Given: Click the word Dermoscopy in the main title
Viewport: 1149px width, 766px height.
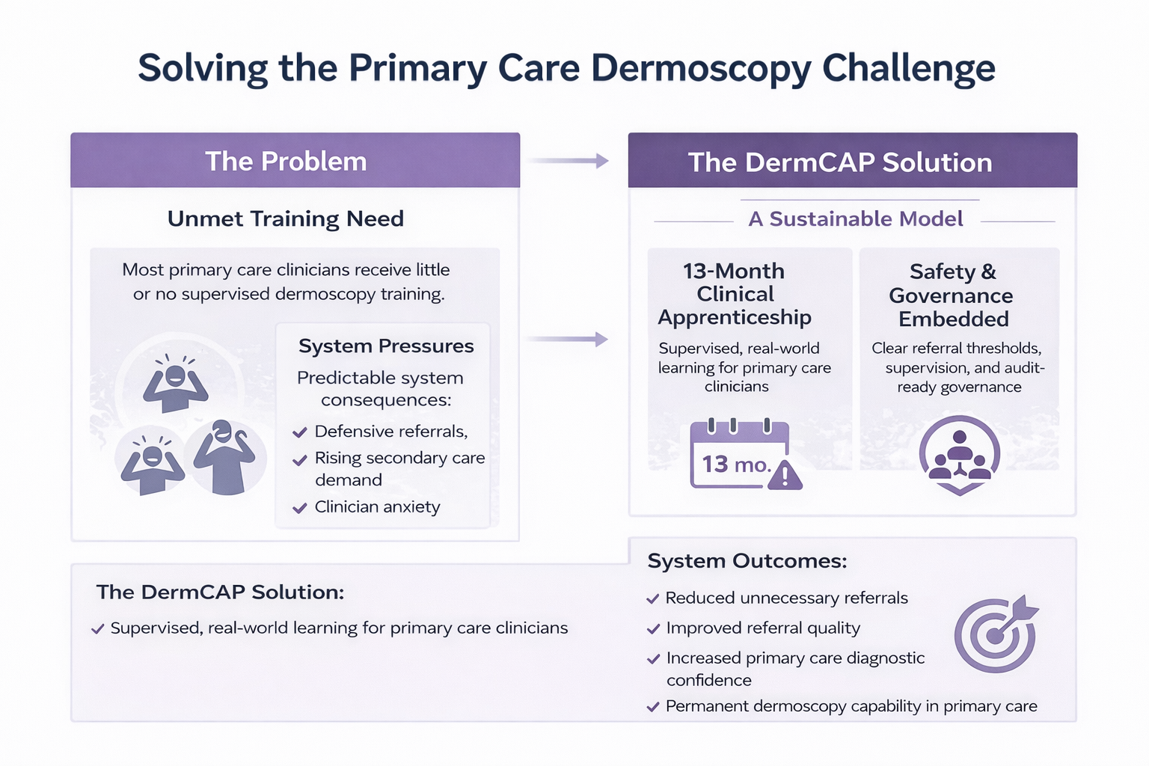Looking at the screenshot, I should pyautogui.click(x=701, y=69).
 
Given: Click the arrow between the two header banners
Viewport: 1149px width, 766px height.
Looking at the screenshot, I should pyautogui.click(x=569, y=161).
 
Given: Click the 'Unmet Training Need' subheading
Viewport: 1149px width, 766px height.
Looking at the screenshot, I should pyautogui.click(x=285, y=218).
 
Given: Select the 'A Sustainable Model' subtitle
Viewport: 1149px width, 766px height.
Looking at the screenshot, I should pyautogui.click(x=855, y=218).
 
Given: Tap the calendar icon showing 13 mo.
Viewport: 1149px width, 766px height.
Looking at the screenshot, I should pyautogui.click(x=738, y=455).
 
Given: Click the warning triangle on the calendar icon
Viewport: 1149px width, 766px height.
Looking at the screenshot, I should pyautogui.click(x=784, y=475).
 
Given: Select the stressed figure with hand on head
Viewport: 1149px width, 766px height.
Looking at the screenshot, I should pyautogui.click(x=224, y=457).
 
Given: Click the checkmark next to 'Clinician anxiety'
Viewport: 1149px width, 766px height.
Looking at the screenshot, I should pyautogui.click(x=300, y=508).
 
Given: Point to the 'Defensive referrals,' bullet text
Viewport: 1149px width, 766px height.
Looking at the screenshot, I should pyautogui.click(x=390, y=432).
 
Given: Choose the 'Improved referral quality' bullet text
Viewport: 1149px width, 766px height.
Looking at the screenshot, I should pyautogui.click(x=762, y=628).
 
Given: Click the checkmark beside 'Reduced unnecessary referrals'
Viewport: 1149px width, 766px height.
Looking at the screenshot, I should pyautogui.click(x=653, y=599).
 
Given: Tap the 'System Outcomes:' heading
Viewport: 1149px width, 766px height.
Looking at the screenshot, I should pyautogui.click(x=747, y=561).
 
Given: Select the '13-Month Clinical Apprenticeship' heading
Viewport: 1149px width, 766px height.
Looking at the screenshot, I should pyautogui.click(x=734, y=294).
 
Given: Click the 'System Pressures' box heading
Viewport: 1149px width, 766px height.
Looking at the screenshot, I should pyautogui.click(x=385, y=346).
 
